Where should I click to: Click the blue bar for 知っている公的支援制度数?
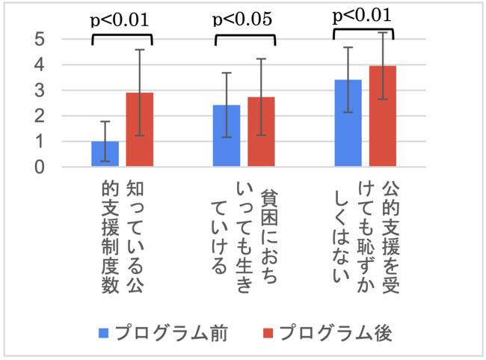tap(105, 154)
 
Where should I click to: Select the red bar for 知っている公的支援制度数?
tap(139, 130)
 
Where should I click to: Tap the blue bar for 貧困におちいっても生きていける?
tap(227, 136)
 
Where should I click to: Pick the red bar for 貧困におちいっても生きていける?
tap(262, 132)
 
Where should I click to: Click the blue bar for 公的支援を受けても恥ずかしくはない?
tap(348, 123)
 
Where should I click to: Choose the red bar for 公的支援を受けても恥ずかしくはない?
tap(382, 117)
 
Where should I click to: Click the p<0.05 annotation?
tap(244, 18)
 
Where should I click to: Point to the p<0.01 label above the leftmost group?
tap(121, 18)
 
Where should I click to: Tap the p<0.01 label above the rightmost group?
tap(362, 14)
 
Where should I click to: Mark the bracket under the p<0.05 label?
tap(244, 35)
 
